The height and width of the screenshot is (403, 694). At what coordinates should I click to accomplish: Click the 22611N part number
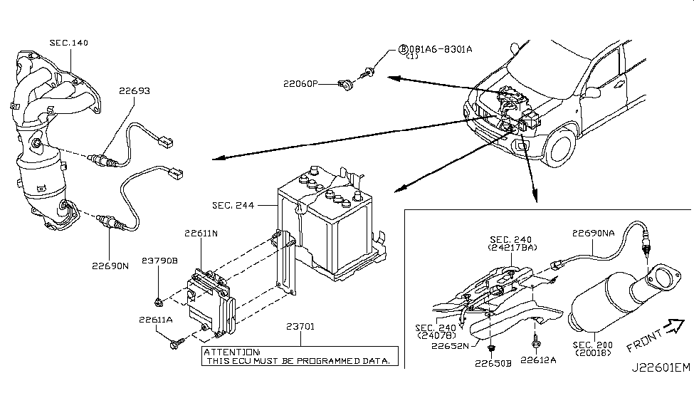click(202, 233)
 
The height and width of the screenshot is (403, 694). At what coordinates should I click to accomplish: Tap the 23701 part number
click(305, 328)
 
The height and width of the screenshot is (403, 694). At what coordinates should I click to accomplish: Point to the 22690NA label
click(594, 231)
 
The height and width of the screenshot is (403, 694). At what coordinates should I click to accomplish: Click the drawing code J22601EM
click(660, 387)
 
